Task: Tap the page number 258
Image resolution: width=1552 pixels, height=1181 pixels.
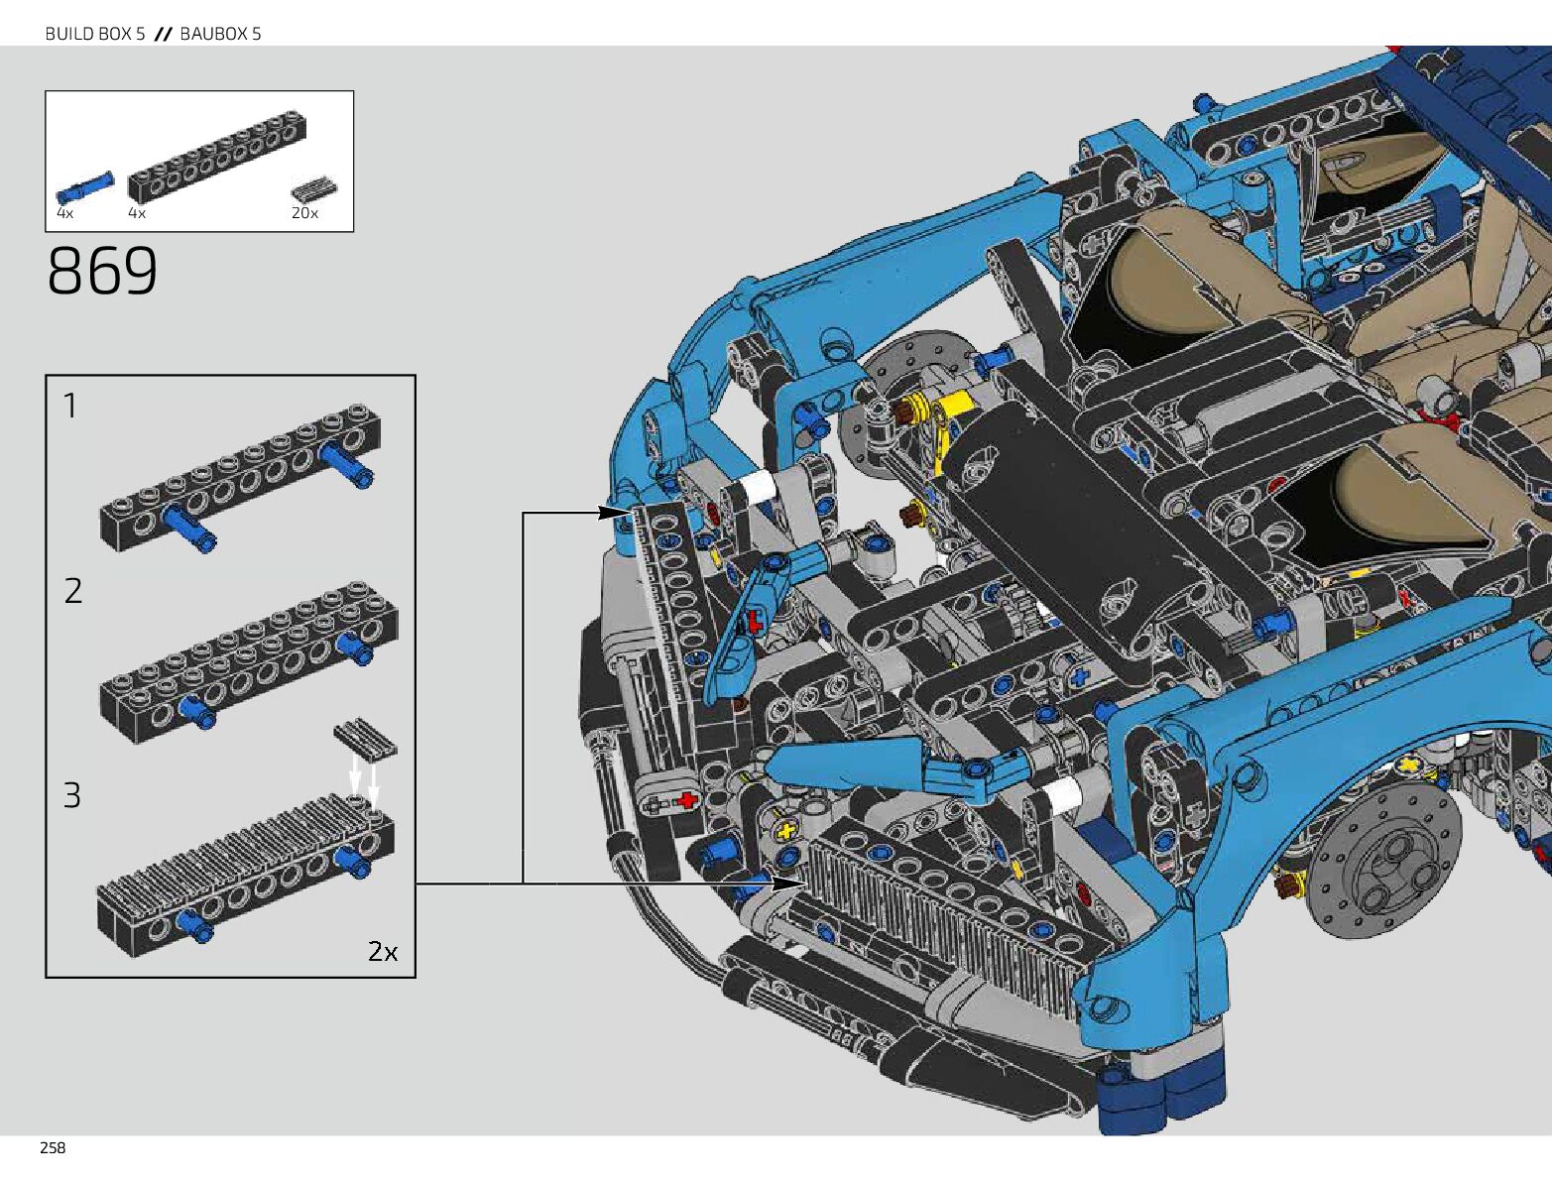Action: click(53, 1148)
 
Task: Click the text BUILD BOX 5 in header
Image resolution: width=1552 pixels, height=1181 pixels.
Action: click(95, 33)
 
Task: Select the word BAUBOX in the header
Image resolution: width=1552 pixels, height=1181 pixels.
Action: click(212, 33)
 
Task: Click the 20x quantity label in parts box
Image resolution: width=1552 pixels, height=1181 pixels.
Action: click(304, 213)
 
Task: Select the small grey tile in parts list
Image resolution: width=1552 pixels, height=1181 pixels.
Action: click(314, 190)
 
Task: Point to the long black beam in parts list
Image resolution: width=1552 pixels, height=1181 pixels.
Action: click(217, 157)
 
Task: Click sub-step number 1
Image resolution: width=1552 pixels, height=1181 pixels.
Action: click(70, 406)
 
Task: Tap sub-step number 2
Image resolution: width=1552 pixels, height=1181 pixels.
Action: click(72, 591)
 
